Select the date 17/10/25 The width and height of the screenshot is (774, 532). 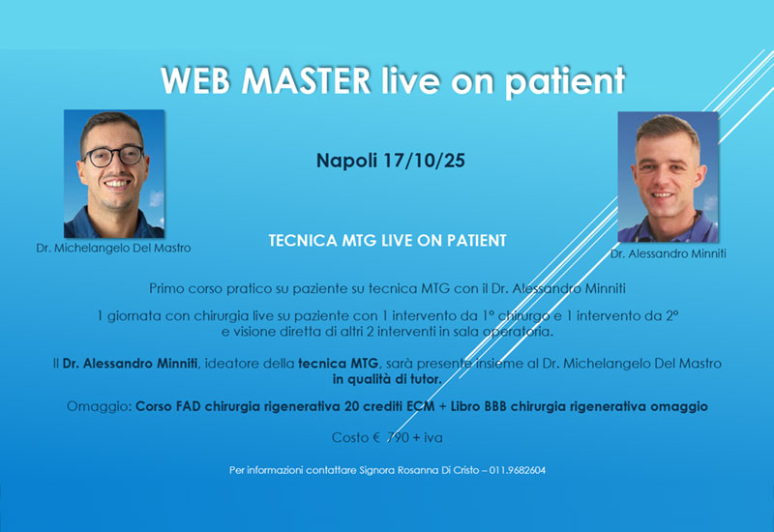[x=423, y=161]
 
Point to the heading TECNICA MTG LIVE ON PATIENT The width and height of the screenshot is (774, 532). [x=387, y=238]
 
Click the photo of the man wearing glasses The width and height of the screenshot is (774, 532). [x=113, y=173]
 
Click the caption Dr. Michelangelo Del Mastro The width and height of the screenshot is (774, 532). [x=113, y=248]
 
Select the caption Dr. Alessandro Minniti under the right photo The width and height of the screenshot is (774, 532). [x=667, y=253]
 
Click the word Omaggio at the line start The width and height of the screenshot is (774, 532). [x=99, y=407]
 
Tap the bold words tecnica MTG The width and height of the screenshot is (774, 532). [x=338, y=362]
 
